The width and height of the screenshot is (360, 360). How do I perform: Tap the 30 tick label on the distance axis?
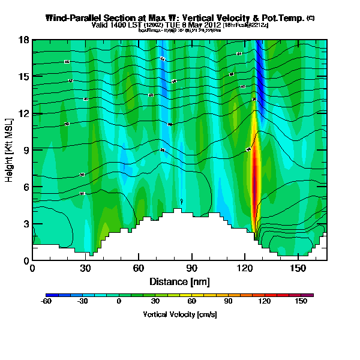pyautogui.click(x=85, y=268)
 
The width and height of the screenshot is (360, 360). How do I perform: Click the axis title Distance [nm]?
pyautogui.click(x=179, y=281)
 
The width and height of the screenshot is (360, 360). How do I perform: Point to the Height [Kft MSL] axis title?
pyautogui.click(x=10, y=150)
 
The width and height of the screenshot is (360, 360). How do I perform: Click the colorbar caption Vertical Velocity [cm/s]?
pyautogui.click(x=179, y=314)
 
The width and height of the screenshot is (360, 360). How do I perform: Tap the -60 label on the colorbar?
pyautogui.click(x=46, y=301)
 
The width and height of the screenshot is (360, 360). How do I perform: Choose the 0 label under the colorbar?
pyautogui.click(x=119, y=301)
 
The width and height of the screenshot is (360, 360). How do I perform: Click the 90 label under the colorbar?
pyautogui.click(x=229, y=301)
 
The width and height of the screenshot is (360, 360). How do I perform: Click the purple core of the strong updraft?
pyautogui.click(x=254, y=183)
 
